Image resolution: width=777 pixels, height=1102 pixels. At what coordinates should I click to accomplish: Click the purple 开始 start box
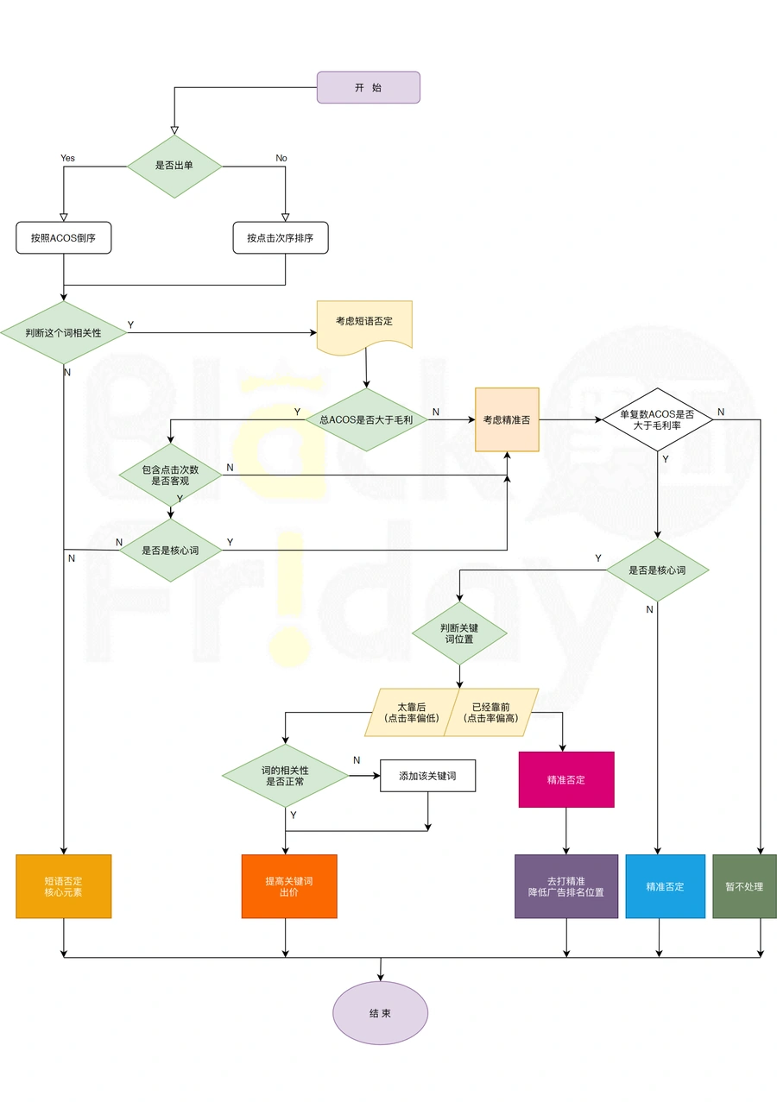click(368, 87)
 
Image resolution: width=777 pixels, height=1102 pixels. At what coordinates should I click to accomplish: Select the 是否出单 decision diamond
click(174, 167)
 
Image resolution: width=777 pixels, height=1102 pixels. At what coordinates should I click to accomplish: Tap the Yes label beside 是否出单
click(67, 158)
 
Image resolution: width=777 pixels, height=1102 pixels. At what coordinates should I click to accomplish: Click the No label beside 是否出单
click(281, 158)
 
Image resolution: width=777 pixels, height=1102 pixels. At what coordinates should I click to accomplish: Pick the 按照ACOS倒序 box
click(64, 237)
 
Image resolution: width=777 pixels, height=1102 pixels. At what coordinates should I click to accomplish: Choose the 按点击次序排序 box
click(281, 237)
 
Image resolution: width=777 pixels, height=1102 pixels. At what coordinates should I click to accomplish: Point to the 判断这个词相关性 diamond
click(64, 332)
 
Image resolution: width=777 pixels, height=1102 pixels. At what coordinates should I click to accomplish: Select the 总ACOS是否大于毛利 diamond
click(366, 419)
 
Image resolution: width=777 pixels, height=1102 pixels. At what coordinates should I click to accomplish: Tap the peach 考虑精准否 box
click(507, 419)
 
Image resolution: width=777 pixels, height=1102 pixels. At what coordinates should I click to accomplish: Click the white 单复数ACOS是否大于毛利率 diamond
click(657, 419)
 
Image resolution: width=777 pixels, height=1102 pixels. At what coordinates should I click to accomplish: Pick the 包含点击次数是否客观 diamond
click(170, 475)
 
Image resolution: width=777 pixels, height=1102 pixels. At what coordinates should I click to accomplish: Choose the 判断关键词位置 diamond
click(459, 633)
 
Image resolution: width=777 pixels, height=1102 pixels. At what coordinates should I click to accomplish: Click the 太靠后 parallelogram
click(412, 712)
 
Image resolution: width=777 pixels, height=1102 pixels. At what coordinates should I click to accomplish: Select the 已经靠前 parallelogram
click(491, 712)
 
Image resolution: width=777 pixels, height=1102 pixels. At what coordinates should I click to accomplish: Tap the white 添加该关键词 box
click(427, 776)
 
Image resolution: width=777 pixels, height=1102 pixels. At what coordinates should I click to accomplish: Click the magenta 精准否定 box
click(566, 779)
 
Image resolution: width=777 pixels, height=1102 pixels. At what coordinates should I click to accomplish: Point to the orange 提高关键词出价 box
click(289, 886)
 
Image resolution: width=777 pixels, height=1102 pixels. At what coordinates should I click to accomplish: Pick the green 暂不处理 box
click(744, 886)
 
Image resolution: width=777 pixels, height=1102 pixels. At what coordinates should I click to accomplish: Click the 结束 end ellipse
click(381, 1013)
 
